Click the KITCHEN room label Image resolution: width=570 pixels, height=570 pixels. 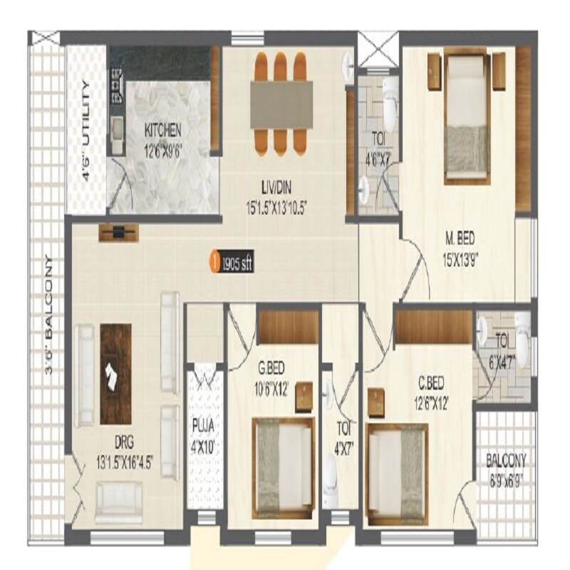(x=163, y=131)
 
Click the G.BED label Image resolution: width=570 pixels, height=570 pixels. (x=274, y=370)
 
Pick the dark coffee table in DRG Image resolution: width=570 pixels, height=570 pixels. (x=115, y=373)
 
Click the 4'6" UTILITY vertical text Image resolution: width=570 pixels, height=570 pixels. (x=85, y=132)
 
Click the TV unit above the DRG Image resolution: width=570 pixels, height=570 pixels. (x=119, y=232)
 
